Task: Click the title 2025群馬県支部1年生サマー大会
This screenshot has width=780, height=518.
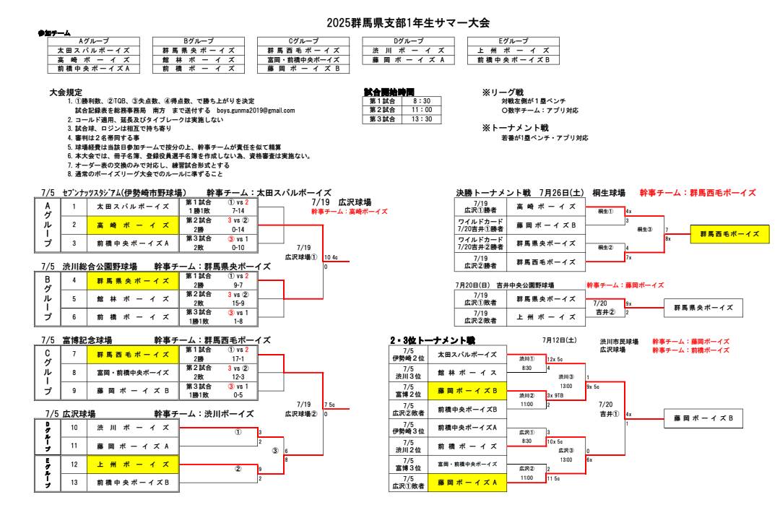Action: (408, 24)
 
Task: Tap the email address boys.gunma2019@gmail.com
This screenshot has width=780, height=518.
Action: (256, 111)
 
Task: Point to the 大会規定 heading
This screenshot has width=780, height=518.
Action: (65, 93)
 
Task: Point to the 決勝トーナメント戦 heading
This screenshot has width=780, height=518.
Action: (493, 193)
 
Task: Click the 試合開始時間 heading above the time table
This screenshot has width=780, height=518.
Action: (391, 92)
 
